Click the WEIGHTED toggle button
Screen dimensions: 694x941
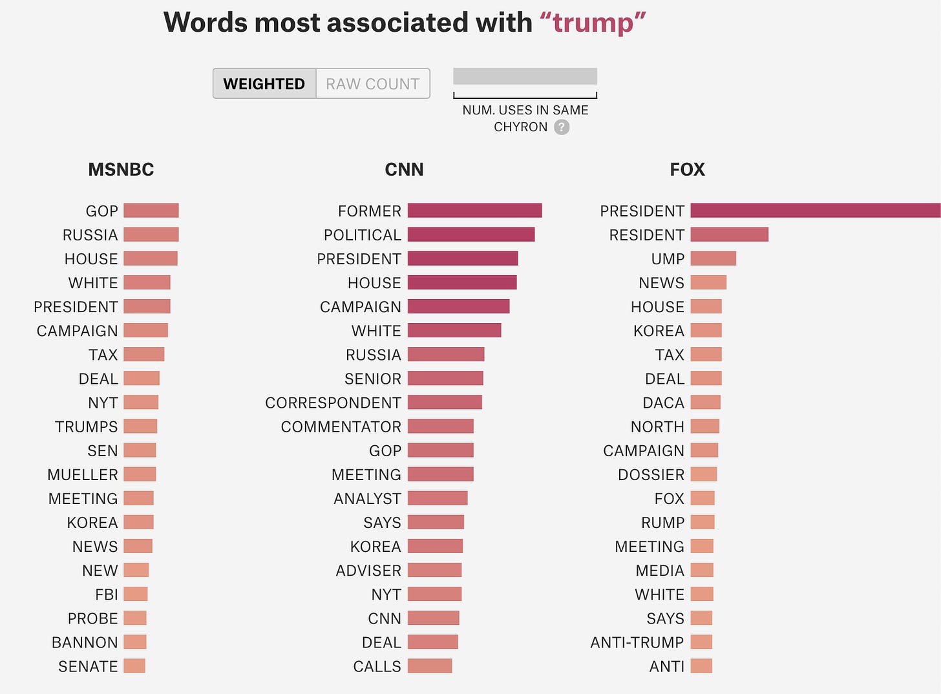(264, 84)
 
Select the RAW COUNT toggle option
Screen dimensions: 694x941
(373, 84)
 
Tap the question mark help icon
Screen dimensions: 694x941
(562, 127)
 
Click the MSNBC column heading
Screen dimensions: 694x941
(121, 169)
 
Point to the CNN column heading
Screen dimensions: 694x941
(404, 169)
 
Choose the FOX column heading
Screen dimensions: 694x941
(687, 169)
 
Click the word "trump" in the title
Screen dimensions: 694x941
(593, 23)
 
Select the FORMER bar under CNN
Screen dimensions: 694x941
(474, 211)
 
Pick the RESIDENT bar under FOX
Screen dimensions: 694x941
(729, 235)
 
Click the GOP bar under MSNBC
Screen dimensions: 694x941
(151, 211)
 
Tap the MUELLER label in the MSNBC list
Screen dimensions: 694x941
(83, 475)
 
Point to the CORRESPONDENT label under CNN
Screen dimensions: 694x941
(333, 403)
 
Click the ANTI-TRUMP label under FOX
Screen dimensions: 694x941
(637, 642)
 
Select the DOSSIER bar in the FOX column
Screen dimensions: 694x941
(703, 474)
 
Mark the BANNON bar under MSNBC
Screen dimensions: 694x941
(135, 642)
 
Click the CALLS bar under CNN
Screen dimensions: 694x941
(430, 666)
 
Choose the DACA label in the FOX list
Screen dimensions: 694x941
(663, 403)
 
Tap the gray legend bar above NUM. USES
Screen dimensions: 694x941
(525, 76)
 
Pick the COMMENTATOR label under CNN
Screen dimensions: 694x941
(341, 427)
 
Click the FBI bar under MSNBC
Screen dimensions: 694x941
(136, 594)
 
